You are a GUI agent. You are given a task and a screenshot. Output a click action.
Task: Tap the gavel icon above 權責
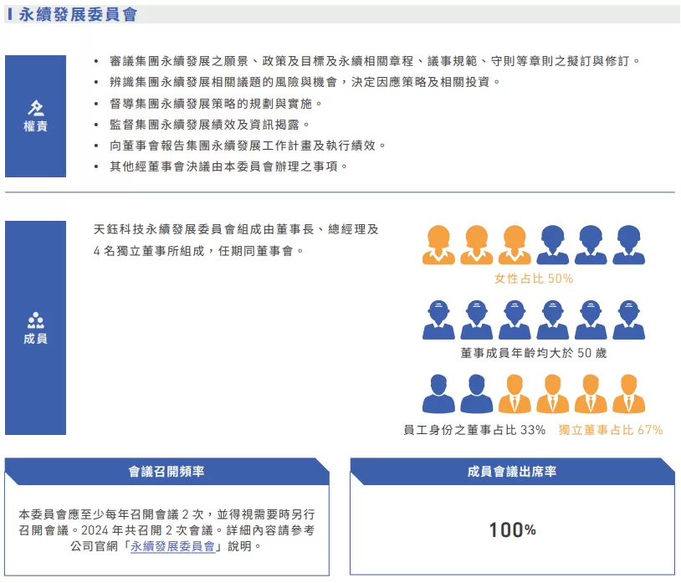coord(36,108)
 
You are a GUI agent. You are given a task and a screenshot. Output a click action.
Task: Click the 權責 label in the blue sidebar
coord(35,126)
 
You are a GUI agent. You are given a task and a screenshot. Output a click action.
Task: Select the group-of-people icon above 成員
coord(36,320)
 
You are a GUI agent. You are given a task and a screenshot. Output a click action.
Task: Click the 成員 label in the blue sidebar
coord(35,339)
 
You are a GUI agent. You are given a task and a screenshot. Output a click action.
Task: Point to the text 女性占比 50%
coord(534,279)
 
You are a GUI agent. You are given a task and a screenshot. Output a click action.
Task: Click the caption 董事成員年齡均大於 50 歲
coord(534,353)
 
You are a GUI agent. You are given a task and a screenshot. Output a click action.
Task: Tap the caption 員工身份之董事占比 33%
coord(474,429)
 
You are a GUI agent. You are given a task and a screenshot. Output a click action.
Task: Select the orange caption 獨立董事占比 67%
coord(611,429)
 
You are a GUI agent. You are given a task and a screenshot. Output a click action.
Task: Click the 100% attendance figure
coord(512,530)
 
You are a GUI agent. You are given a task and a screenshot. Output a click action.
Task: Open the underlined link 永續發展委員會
coord(175,546)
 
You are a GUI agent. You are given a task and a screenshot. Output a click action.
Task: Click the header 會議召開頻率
coord(166,472)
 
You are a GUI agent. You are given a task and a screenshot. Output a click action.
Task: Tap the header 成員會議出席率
coord(512,472)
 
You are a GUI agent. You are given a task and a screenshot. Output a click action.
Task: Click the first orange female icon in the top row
coord(438,244)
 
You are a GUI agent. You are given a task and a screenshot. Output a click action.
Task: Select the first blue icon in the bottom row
coord(438,393)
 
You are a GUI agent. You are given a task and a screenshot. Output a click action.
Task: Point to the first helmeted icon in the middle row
coord(438,319)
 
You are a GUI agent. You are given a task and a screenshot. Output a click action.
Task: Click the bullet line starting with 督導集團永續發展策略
coord(216,104)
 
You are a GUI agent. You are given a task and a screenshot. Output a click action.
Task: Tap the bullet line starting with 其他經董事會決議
coord(228,166)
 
